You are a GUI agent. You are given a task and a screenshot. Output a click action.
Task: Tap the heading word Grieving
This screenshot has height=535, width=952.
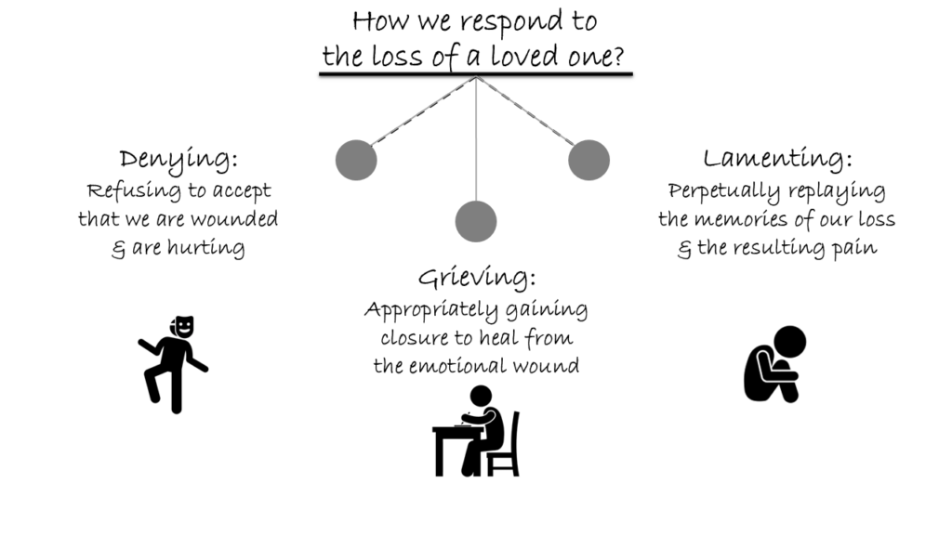pyautogui.click(x=477, y=277)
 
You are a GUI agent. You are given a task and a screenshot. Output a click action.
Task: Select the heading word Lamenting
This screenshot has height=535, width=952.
pyautogui.click(x=777, y=159)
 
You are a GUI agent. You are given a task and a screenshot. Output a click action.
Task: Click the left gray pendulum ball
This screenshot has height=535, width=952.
pyautogui.click(x=356, y=160)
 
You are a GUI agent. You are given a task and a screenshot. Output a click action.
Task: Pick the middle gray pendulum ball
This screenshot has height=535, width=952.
pyautogui.click(x=476, y=221)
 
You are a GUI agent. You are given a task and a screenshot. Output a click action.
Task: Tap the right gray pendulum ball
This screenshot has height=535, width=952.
pyautogui.click(x=588, y=160)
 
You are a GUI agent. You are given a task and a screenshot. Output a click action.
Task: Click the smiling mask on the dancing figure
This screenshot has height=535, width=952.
pyautogui.click(x=184, y=326)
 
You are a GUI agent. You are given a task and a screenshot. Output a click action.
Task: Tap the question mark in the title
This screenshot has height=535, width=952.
pyautogui.click(x=628, y=58)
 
